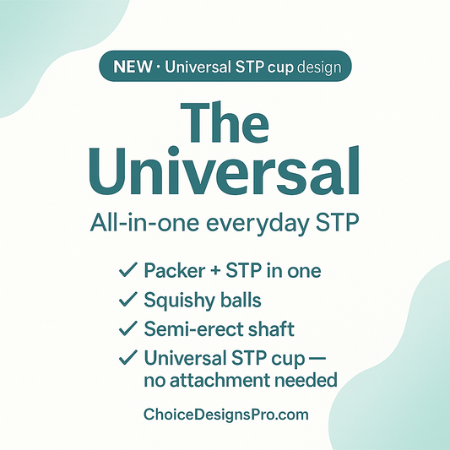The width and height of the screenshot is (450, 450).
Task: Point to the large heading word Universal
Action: click(x=225, y=172)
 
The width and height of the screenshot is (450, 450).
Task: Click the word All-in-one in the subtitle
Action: click(x=134, y=224)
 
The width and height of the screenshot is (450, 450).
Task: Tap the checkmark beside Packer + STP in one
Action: click(x=127, y=271)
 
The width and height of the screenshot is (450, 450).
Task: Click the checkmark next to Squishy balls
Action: click(x=127, y=300)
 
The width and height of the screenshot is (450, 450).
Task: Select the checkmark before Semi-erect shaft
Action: click(x=127, y=328)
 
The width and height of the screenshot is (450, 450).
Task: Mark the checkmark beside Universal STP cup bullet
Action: click(x=127, y=357)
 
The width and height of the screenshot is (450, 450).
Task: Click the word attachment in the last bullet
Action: click(x=230, y=381)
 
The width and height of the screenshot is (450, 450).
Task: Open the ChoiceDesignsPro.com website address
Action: click(x=225, y=415)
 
